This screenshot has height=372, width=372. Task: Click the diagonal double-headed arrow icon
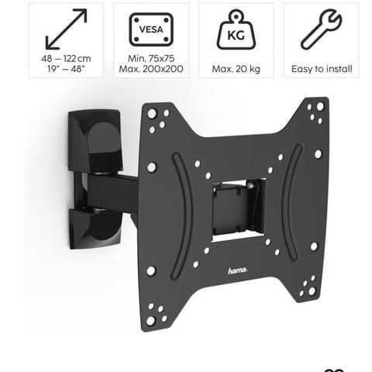pyautogui.click(x=66, y=29)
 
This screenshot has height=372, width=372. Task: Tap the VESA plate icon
pyautogui.click(x=151, y=29)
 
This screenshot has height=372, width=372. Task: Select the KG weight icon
pyautogui.click(x=236, y=29)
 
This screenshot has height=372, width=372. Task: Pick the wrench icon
pyautogui.click(x=322, y=29)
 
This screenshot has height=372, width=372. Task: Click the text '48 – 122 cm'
pyautogui.click(x=66, y=59)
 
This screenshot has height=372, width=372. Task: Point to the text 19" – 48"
pyautogui.click(x=66, y=69)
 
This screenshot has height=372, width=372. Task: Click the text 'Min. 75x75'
pyautogui.click(x=151, y=58)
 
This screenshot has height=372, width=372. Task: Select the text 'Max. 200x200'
pyautogui.click(x=151, y=69)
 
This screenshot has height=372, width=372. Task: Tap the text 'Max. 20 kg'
pyautogui.click(x=236, y=69)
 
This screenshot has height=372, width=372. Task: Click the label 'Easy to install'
pyautogui.click(x=322, y=69)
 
